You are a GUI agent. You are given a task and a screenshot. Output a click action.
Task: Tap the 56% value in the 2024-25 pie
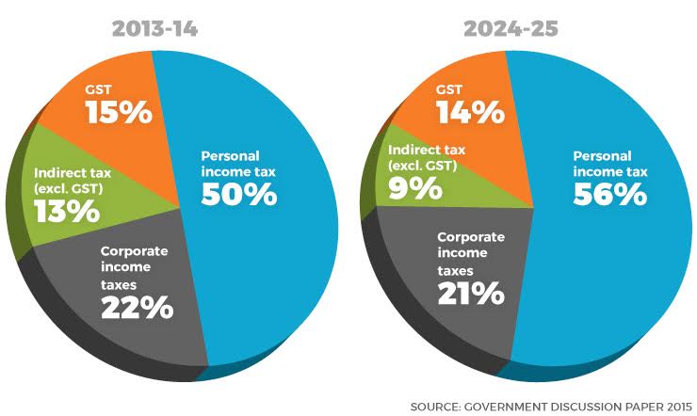[608, 194]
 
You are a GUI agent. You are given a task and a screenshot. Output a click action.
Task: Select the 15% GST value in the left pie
[119, 113]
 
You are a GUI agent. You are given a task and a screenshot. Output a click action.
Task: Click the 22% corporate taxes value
[138, 306]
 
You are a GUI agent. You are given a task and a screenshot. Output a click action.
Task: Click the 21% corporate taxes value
[469, 293]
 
